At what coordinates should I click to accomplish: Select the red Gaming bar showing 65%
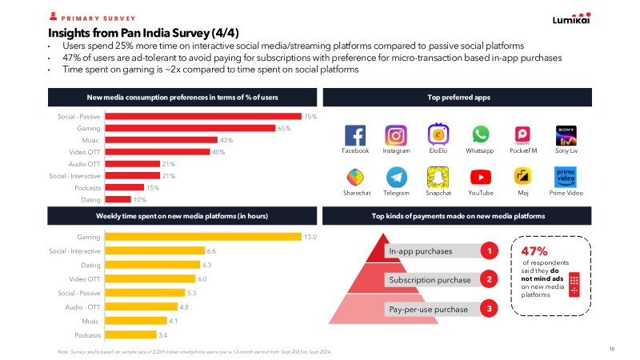[x=191, y=128]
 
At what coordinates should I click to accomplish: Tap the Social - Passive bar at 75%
[x=204, y=116]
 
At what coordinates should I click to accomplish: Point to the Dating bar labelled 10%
[x=118, y=199]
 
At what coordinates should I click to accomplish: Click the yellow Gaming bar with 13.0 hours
[x=204, y=237]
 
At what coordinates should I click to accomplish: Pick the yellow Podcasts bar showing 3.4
[x=131, y=334]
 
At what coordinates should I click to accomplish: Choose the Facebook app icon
[x=355, y=134]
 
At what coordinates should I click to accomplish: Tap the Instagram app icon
[x=396, y=134]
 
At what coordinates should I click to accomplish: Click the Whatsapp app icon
[x=480, y=134]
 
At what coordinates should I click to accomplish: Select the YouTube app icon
[x=480, y=177]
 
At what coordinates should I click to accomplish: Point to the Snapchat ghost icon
[x=438, y=177]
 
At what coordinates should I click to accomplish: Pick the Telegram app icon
[x=396, y=177]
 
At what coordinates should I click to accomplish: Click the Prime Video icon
[x=566, y=177]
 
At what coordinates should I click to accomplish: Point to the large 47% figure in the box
[x=534, y=249]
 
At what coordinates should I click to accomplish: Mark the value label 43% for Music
[x=226, y=140]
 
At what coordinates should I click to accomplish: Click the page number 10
[x=611, y=349]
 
